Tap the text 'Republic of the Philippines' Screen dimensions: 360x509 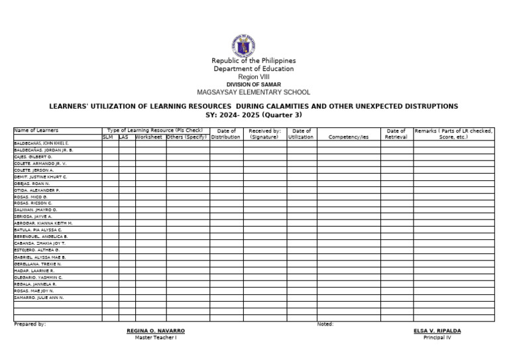[x=254, y=61]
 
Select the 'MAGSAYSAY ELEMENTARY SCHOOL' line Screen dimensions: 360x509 [x=254, y=92]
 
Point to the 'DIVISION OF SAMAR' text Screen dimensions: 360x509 [x=254, y=85]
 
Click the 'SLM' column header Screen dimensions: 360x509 [x=108, y=137]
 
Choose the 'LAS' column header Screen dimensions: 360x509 [x=124, y=137]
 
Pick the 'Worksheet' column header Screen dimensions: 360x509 [x=150, y=137]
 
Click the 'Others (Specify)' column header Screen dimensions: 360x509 [x=187, y=137]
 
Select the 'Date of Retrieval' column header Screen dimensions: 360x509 [x=396, y=134]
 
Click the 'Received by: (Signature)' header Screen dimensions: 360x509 [x=264, y=134]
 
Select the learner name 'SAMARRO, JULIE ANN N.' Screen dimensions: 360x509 [x=39, y=298]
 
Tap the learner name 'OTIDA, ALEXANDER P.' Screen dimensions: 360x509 [x=37, y=190]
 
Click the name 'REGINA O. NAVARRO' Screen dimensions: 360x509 [x=156, y=330]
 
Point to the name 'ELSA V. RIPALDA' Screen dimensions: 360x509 [x=437, y=330]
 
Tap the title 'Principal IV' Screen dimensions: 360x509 [x=437, y=337]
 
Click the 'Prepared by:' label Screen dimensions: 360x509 [x=30, y=324]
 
